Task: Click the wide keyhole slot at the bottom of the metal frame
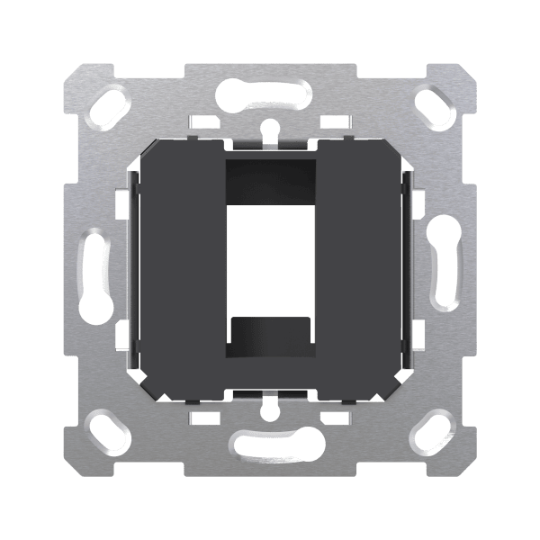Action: (270, 442)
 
